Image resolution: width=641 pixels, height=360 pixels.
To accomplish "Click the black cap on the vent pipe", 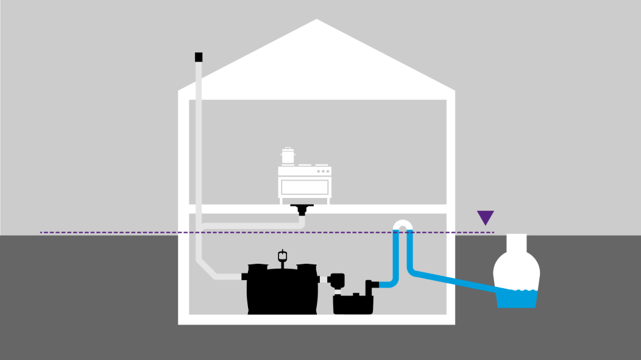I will [x=199, y=57].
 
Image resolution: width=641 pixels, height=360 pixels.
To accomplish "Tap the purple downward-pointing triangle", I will [x=486, y=217].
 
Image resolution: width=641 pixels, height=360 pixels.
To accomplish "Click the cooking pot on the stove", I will [x=287, y=156].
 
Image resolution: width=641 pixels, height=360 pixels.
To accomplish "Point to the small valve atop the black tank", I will [x=282, y=255].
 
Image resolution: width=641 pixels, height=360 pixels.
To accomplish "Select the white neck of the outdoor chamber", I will [x=517, y=244].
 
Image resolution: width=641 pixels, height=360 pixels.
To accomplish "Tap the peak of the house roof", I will [x=316, y=22].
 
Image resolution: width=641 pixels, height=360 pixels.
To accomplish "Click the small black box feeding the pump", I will [x=336, y=281].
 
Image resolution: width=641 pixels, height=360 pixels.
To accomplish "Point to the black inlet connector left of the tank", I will [x=245, y=277].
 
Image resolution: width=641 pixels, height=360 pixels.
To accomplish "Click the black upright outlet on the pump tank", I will [x=369, y=286].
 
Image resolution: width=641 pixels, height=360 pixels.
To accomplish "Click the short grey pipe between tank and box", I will [x=324, y=280].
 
